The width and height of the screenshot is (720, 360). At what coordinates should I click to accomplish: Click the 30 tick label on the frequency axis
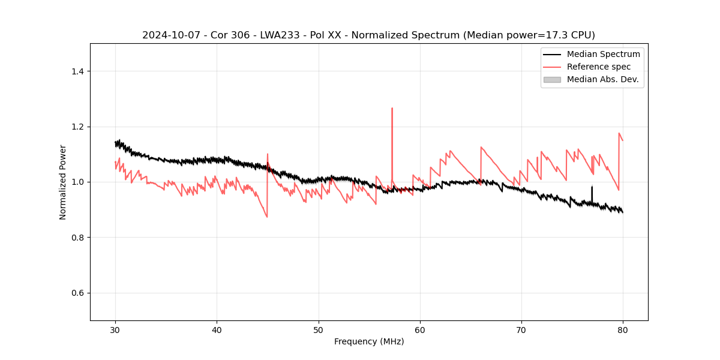[115, 329]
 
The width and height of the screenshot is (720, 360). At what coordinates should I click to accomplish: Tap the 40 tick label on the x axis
[217, 329]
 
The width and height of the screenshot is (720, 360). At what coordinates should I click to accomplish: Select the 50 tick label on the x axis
[319, 329]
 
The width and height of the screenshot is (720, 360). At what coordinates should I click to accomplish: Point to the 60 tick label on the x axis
[420, 329]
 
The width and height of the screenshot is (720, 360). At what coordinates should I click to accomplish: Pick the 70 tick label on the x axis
[521, 329]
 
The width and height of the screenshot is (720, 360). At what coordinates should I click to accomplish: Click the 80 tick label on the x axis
[623, 329]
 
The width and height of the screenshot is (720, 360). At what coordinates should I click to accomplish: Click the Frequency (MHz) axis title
[369, 341]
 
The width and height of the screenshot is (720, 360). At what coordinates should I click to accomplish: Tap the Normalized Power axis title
[62, 182]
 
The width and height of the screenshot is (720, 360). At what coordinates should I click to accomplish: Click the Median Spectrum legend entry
[603, 54]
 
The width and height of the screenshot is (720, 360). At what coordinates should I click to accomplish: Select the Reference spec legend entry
[598, 67]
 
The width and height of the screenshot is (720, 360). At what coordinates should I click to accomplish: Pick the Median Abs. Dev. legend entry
[602, 79]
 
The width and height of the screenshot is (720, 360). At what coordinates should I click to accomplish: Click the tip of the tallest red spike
[392, 109]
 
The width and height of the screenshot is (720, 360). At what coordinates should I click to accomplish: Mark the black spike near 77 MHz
[592, 187]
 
